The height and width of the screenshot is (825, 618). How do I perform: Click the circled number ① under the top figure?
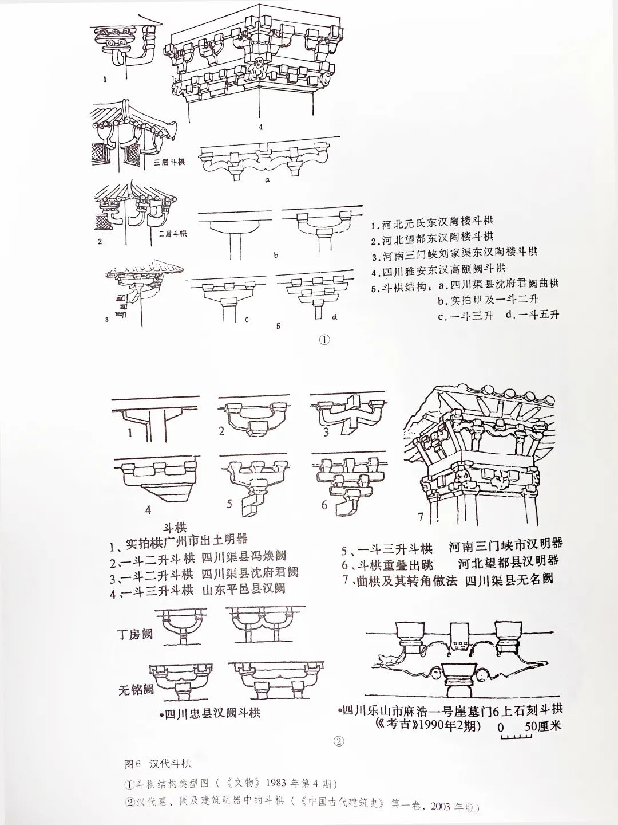(324, 340)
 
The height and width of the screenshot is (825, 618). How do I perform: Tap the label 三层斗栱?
(170, 162)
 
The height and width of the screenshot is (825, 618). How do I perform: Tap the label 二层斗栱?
(170, 233)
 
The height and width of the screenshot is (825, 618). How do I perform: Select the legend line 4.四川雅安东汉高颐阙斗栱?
(439, 268)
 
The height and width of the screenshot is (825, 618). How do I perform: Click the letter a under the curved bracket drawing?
(267, 179)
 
